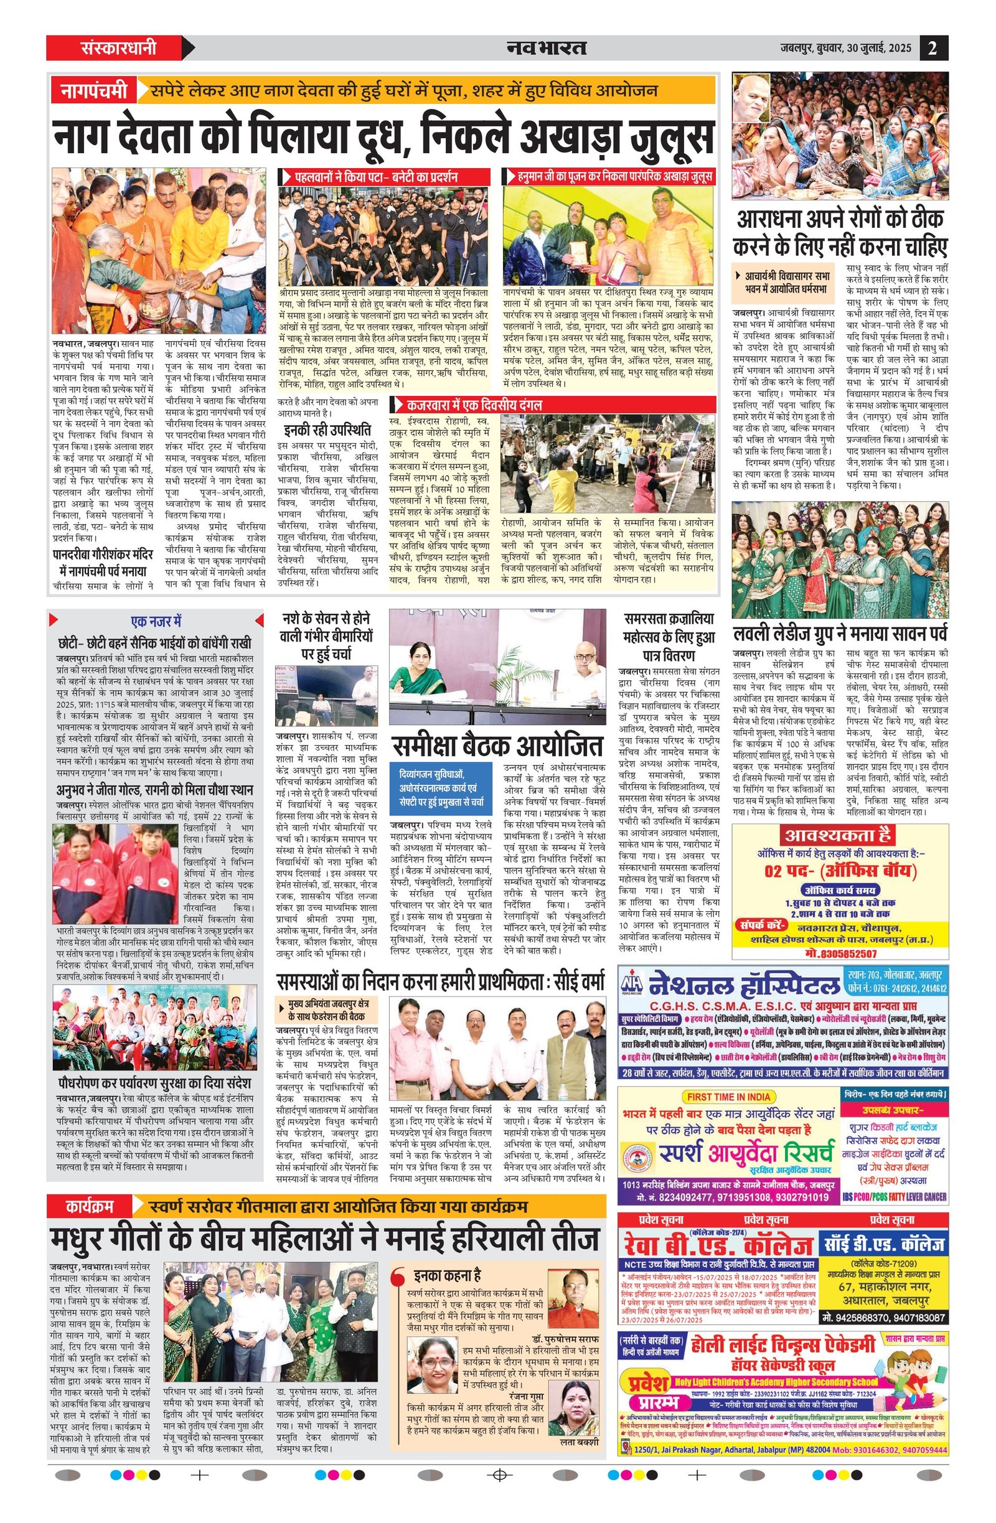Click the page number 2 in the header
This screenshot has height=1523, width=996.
click(x=933, y=48)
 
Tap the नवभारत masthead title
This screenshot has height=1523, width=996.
click(x=546, y=48)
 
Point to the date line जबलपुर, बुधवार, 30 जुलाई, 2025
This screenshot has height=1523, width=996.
click(x=846, y=48)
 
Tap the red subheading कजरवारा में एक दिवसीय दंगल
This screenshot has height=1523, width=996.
click(x=474, y=405)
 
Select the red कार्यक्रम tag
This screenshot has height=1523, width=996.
click(x=90, y=1206)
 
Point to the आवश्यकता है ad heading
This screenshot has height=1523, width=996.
click(x=838, y=835)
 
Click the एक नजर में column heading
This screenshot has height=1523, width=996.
click(x=156, y=621)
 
